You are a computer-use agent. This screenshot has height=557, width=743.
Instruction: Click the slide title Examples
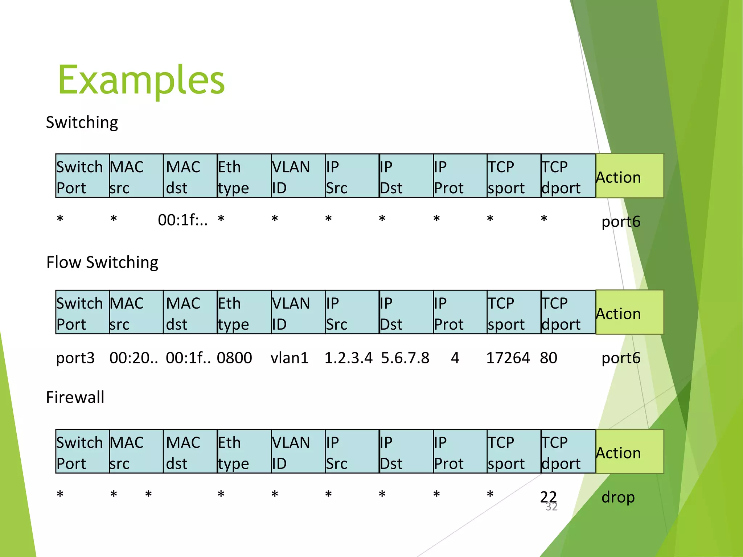click(x=141, y=80)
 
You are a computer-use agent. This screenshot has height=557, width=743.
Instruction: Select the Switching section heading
click(x=82, y=123)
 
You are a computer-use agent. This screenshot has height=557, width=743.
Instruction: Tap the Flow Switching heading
click(x=102, y=262)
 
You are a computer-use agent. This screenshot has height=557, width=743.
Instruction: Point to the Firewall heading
click(x=75, y=397)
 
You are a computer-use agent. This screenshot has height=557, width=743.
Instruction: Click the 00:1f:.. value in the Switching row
click(x=183, y=220)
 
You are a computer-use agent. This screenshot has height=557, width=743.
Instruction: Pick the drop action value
click(x=618, y=497)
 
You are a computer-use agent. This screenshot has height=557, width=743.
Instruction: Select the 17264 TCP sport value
click(x=508, y=358)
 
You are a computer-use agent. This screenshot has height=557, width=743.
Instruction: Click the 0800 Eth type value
click(x=234, y=358)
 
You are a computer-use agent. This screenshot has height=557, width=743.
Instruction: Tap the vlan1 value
click(x=289, y=358)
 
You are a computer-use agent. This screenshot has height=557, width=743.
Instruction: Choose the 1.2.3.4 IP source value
click(x=348, y=358)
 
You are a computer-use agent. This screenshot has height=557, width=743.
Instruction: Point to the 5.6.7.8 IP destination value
click(x=405, y=358)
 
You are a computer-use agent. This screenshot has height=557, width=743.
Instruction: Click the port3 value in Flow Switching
click(x=75, y=358)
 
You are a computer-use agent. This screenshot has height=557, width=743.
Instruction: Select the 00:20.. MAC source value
click(x=134, y=358)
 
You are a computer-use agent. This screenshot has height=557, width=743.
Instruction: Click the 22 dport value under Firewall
click(x=548, y=497)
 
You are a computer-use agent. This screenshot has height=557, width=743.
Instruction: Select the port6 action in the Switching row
click(x=621, y=222)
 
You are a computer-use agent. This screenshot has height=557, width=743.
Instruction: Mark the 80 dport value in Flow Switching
click(x=548, y=358)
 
